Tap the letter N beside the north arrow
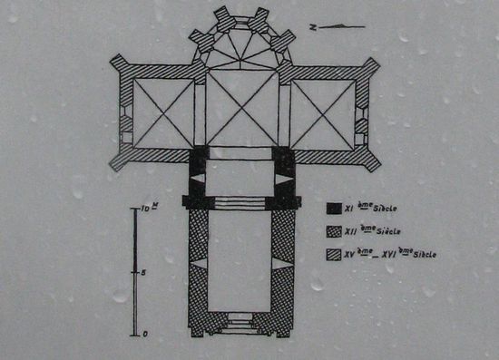[313, 28]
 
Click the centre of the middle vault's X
[242, 113]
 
